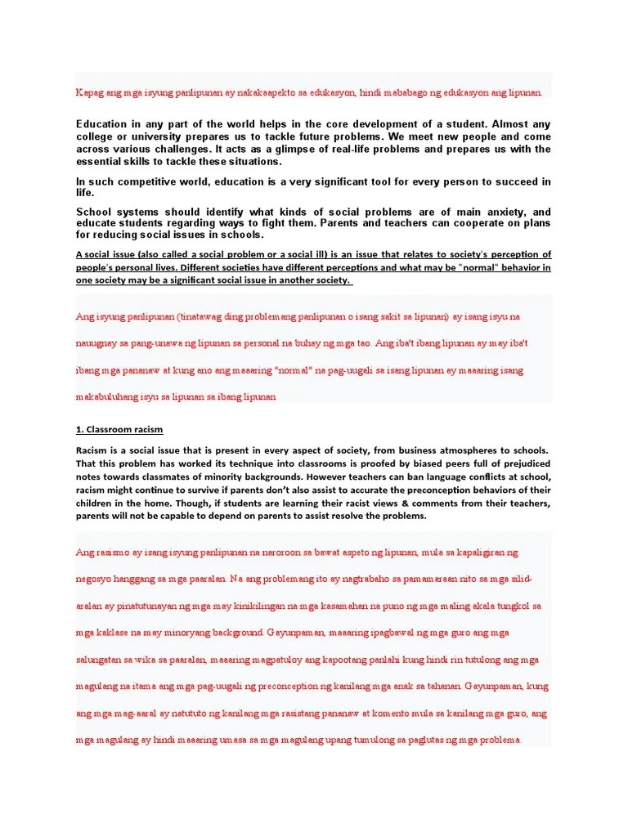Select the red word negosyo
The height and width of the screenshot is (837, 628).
97,580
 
